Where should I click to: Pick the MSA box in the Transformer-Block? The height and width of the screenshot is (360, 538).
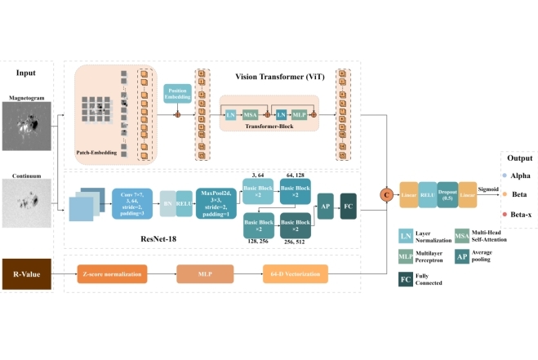coord(251,117)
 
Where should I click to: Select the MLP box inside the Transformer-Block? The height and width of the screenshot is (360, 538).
coord(299,117)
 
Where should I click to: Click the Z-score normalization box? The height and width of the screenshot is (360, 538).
coord(113,272)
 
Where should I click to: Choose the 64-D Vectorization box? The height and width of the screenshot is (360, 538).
coord(295,272)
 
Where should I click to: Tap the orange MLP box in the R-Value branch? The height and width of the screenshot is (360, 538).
coord(204,272)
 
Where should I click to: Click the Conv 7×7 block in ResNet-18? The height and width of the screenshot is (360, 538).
coord(132,202)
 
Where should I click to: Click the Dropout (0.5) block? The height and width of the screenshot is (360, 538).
coord(447,193)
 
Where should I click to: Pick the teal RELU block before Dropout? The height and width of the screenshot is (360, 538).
coord(428,193)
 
